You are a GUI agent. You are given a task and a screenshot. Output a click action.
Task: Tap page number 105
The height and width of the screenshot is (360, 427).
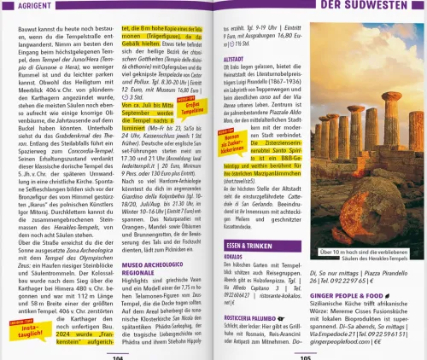click(306, 357)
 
